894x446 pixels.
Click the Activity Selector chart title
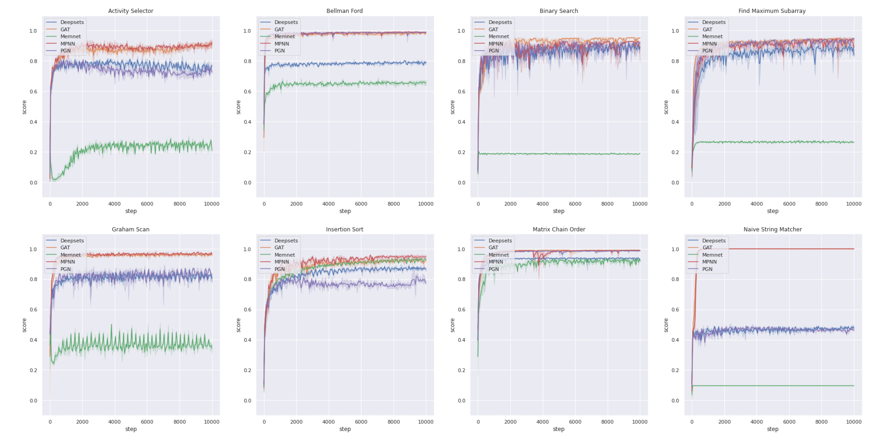pos(130,11)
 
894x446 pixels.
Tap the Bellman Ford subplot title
pos(344,11)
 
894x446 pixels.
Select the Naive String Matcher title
pos(772,229)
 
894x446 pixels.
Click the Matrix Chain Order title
pos(558,229)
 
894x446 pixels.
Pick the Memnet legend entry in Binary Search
pos(498,37)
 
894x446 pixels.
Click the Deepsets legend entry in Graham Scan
pos(72,241)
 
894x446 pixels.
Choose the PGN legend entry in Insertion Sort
pos(279,269)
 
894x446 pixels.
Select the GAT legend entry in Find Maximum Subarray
pos(707,29)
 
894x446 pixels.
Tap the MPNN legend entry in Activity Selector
pos(68,44)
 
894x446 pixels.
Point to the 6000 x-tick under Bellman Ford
pos(361,204)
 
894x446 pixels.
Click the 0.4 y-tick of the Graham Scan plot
pos(33,340)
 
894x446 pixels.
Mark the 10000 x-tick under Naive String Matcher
pos(853,422)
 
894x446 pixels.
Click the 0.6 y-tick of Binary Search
pos(461,92)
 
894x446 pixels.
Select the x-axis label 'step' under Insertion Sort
pos(345,429)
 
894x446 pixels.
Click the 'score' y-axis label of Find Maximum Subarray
pos(666,107)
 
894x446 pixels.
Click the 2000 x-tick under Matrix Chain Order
pos(510,422)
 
